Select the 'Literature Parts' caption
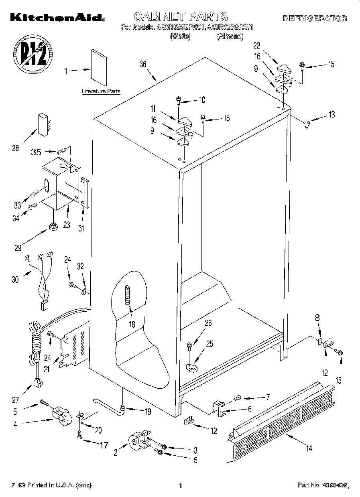tap(101, 91)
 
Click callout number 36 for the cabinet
tap(142, 64)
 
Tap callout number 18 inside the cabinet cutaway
tap(132, 324)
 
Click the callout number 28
tap(16, 148)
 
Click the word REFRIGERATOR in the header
tap(315, 18)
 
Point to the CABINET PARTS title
tap(180, 16)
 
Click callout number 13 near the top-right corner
tap(331, 115)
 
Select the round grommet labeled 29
tap(52, 227)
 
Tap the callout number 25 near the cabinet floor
tap(209, 344)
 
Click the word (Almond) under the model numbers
tap(230, 37)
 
